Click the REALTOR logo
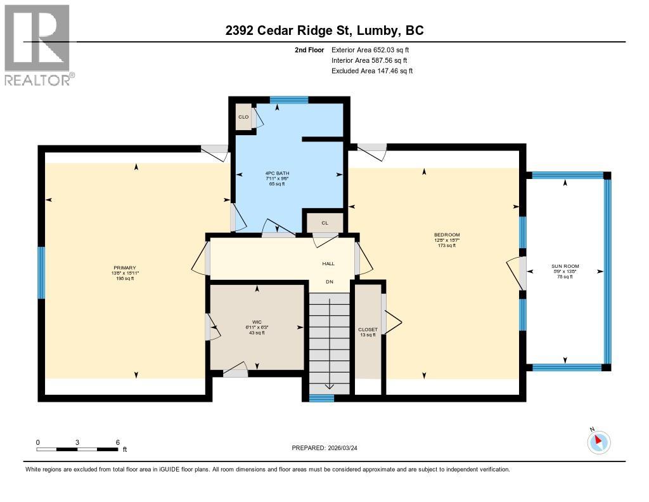pos(37,44)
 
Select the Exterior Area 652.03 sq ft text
pos(372,50)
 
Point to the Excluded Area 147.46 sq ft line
pos(372,71)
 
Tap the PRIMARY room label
pos(125,268)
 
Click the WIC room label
pos(257,322)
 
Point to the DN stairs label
pos(330,282)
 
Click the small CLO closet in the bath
pos(243,117)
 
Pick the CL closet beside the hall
pos(324,223)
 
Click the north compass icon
pos(598,441)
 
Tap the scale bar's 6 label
pos(117,442)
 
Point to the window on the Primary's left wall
pos(42,272)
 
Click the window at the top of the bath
pos(288,100)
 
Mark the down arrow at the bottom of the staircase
pos(329,386)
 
